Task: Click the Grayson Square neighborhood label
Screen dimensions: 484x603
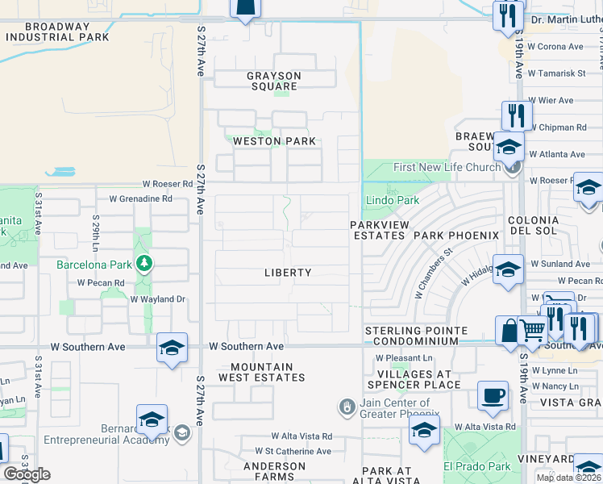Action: coord(274,81)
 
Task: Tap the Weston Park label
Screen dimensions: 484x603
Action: coord(274,141)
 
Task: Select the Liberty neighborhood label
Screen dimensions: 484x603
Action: coord(288,273)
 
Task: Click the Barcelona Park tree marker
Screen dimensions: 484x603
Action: coord(143,263)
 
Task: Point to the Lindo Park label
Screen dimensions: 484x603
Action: coord(393,200)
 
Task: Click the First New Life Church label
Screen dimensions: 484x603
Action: coord(447,167)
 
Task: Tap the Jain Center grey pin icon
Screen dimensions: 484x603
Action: coord(347,407)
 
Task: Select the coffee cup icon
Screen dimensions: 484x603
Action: coord(493,396)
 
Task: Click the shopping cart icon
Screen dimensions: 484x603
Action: coord(530,330)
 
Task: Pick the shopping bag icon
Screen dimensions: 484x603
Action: coord(509,330)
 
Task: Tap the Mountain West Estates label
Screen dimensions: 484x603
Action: coord(262,372)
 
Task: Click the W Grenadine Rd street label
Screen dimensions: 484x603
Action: coord(141,198)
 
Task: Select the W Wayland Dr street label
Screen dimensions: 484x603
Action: coord(158,298)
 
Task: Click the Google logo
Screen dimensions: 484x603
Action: coord(27,474)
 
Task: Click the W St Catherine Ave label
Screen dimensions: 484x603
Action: coord(293,451)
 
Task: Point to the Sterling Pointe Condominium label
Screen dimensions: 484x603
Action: coord(416,336)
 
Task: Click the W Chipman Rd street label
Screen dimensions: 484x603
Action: coord(557,127)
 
